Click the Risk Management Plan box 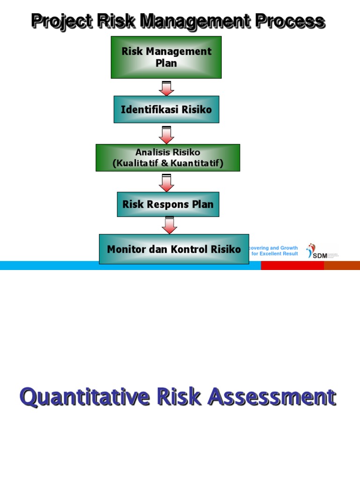166,57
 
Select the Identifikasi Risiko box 166,109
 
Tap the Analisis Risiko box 168,157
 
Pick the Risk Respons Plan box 168,204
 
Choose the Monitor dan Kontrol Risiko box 174,249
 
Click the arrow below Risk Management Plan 166,88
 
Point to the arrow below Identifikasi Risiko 166,135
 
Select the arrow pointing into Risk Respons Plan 166,183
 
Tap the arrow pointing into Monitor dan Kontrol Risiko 169,225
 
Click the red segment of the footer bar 292,265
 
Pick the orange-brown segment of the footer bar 342,265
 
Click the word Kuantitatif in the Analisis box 197,163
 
